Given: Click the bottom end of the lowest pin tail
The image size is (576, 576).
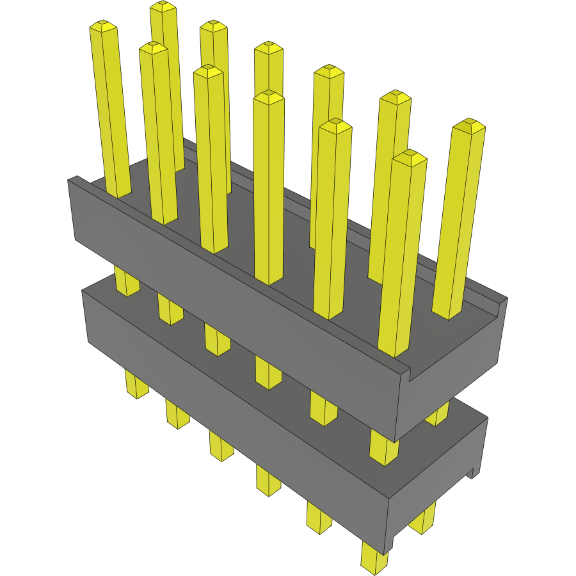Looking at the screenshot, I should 374,567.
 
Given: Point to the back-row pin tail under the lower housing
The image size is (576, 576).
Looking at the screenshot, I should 422,518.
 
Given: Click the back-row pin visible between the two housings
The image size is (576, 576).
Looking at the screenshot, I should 437,416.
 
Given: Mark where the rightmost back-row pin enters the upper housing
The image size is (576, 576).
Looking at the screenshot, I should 447,314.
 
